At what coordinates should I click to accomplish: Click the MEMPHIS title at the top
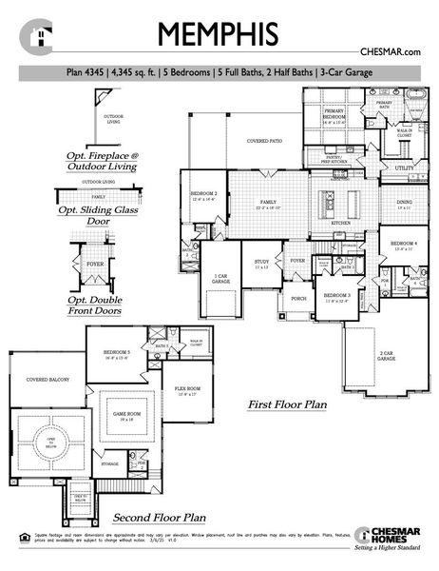point(219,33)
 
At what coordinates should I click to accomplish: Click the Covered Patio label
point(265,141)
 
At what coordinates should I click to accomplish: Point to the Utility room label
point(404,168)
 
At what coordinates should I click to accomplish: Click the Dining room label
point(403,204)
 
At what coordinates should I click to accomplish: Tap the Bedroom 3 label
point(337,298)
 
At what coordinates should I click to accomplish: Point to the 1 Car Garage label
point(221,279)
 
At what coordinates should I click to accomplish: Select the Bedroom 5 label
point(116,355)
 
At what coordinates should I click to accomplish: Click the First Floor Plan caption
point(287,404)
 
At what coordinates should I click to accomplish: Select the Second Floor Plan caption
point(160,519)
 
